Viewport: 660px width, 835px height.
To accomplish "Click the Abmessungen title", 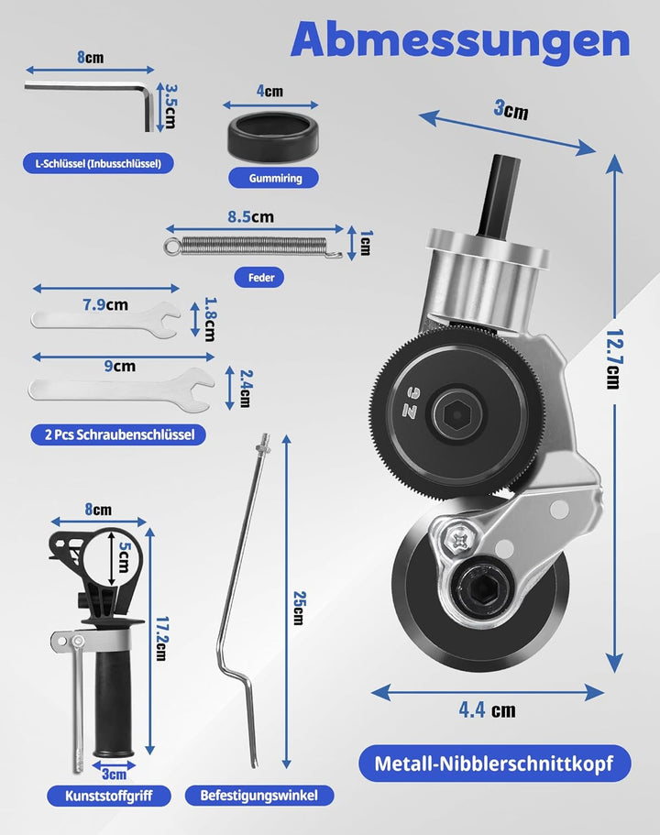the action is click(x=461, y=41).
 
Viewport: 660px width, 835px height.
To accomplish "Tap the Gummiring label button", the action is click(x=274, y=178).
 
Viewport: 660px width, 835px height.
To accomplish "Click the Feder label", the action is click(x=259, y=277).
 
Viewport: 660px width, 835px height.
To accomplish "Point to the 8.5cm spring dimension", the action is click(x=251, y=216).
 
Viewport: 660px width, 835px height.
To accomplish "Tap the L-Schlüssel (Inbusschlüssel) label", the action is click(x=98, y=163).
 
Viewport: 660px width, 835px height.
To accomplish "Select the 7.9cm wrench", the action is click(x=105, y=321).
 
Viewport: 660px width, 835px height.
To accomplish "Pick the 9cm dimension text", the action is click(x=119, y=366).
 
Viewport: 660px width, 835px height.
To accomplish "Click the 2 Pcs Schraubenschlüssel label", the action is click(x=118, y=434).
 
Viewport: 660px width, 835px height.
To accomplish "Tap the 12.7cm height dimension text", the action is click(x=614, y=359).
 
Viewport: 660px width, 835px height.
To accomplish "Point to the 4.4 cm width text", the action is click(x=487, y=709).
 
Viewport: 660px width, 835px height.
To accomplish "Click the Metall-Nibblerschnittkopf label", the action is click(x=494, y=764).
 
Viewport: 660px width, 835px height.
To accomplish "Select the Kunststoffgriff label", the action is click(x=109, y=796).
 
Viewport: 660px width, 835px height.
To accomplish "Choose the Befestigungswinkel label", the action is click(x=258, y=796).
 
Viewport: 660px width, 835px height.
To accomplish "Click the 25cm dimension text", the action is click(x=298, y=608).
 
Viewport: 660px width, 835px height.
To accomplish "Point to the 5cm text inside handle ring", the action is click(x=124, y=557).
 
